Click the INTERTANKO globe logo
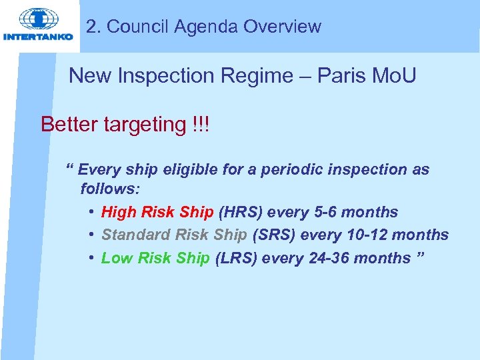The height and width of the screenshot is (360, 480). click(x=39, y=19)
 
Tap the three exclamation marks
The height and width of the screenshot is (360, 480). click(x=198, y=124)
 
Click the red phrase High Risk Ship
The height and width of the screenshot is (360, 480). click(x=157, y=213)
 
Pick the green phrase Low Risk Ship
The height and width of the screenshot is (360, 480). click(x=155, y=258)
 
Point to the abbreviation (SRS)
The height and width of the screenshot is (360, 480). click(x=274, y=235)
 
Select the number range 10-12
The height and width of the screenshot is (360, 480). click(x=364, y=235)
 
